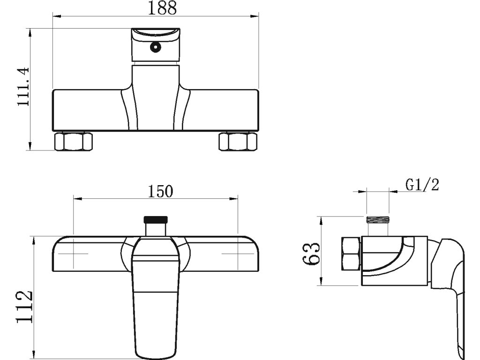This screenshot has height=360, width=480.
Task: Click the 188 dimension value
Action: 162,8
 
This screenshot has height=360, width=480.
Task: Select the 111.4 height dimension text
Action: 23,87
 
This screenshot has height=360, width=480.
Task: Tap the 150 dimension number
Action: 160,191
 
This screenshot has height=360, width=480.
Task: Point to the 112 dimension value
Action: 24,307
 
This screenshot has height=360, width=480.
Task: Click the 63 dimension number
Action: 311,254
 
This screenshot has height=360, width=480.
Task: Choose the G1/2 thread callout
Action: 422,185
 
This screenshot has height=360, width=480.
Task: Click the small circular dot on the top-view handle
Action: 156,47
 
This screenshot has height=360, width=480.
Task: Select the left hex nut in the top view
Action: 73,142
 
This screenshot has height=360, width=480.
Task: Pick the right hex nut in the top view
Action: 238,142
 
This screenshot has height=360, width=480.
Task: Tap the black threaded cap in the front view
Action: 156,219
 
